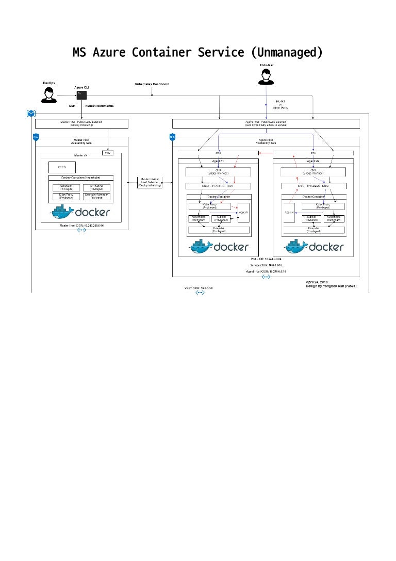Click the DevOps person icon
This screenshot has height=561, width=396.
click(48, 94)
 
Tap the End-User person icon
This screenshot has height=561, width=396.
click(266, 77)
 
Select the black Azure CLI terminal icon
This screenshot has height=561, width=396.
click(81, 95)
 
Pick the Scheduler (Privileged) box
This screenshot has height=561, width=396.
click(66, 188)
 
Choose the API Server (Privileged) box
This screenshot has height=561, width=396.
click(96, 188)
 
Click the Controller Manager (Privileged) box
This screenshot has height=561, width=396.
click(96, 197)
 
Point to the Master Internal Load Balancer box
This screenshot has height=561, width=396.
click(150, 182)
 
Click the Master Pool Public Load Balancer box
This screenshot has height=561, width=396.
click(81, 123)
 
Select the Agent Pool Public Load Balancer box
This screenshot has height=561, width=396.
click(266, 124)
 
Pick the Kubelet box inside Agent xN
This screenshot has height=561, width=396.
click(311, 218)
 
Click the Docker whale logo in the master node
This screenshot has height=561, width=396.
click(62, 212)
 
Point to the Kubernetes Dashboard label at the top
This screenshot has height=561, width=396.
click(152, 84)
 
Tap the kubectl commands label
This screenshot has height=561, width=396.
click(100, 106)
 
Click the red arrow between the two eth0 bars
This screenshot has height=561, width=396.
click(265, 153)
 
